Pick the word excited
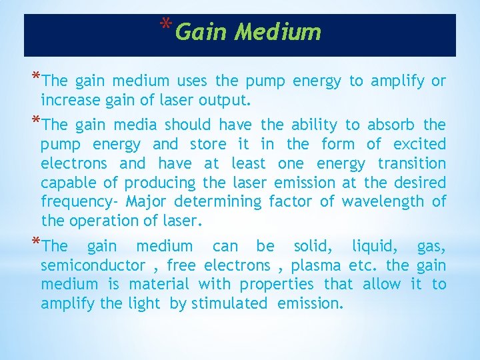point(419,144)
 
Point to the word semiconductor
point(93,265)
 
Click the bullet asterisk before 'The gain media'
point(35,121)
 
